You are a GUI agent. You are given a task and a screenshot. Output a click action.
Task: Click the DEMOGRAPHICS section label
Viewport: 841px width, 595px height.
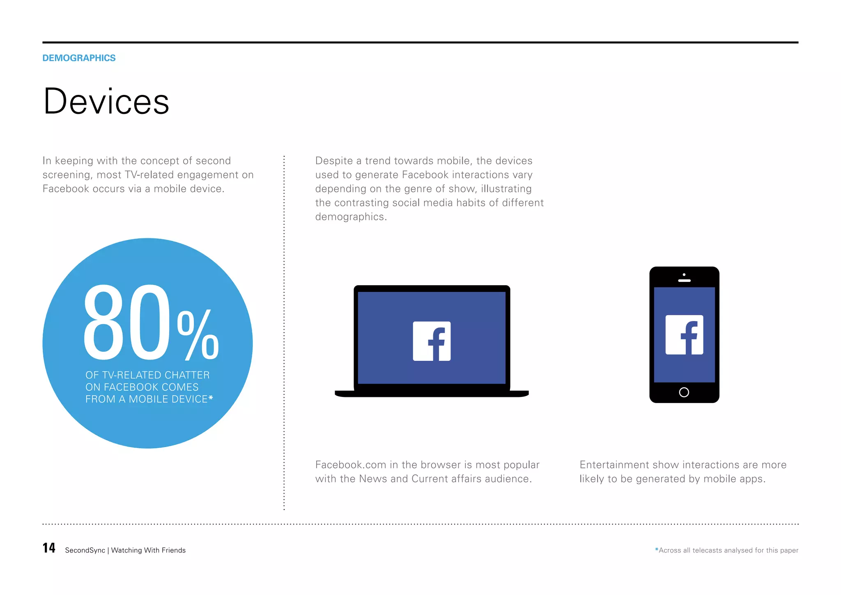click(x=79, y=58)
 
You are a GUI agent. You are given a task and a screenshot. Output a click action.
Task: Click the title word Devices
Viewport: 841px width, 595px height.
click(x=106, y=101)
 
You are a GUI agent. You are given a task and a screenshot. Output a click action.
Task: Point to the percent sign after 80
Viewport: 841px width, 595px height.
click(x=198, y=335)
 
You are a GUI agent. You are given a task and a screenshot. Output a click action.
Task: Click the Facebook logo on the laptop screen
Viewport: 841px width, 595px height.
click(x=432, y=341)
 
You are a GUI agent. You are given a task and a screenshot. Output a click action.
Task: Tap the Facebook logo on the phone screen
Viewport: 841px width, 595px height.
click(x=684, y=335)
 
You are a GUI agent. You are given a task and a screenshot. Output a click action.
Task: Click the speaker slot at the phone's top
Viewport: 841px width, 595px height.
click(x=684, y=281)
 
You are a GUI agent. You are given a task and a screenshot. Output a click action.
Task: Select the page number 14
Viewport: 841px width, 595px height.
click(x=49, y=548)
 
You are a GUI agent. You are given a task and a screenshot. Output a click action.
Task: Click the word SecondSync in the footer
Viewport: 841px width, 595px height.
click(x=85, y=550)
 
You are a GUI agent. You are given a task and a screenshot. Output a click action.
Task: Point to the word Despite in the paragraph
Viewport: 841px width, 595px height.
click(x=334, y=161)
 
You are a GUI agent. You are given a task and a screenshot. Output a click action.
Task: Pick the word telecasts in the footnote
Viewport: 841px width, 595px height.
click(x=707, y=550)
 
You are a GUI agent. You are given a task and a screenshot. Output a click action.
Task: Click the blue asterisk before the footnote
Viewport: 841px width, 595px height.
click(x=657, y=549)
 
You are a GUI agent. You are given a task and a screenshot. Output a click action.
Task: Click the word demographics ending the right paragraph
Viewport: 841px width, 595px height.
click(x=350, y=217)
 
